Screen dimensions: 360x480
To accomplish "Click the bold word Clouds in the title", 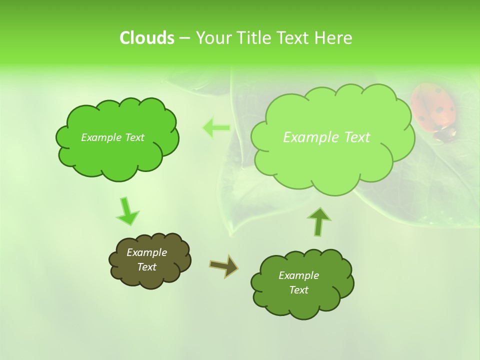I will pyautogui.click(x=147, y=38).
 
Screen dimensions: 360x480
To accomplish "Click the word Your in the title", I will pyautogui.click(x=214, y=38).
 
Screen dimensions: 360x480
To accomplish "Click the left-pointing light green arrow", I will pyautogui.click(x=216, y=128).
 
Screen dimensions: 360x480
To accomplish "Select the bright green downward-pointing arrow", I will pyautogui.click(x=127, y=211).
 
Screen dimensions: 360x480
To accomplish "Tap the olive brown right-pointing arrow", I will pyautogui.click(x=223, y=266).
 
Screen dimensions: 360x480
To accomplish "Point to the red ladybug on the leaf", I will pyautogui.click(x=434, y=111).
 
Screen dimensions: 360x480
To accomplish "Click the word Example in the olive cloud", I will pyautogui.click(x=146, y=252).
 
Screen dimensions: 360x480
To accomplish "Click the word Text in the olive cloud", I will pyautogui.click(x=146, y=267).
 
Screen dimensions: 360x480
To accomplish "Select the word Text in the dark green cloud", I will pyautogui.click(x=298, y=290).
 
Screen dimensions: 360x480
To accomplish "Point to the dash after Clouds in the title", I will pyautogui.click(x=184, y=38).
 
